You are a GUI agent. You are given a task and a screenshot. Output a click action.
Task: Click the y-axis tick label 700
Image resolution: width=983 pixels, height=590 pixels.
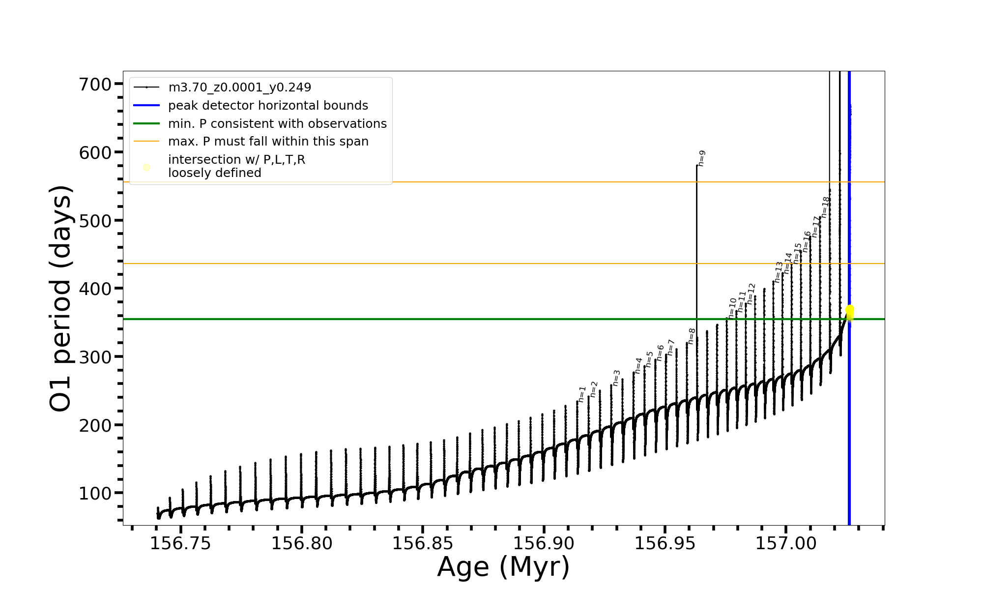point(95,85)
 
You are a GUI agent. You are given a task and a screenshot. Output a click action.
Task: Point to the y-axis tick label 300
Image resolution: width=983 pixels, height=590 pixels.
point(95,357)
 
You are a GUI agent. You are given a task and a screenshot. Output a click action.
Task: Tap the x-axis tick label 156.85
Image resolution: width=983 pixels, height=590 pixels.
point(423,544)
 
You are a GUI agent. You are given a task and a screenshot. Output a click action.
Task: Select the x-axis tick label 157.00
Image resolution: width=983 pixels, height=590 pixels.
point(786,544)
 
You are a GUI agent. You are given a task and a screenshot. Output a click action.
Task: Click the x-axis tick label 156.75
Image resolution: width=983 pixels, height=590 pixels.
point(180,544)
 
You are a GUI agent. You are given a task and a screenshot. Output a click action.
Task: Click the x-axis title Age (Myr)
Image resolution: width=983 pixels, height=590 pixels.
point(503,567)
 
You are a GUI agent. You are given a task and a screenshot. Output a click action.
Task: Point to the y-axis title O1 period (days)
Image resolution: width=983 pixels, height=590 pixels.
point(61,298)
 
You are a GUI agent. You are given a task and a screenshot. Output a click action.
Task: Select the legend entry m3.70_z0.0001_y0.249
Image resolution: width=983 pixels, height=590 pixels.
point(239,88)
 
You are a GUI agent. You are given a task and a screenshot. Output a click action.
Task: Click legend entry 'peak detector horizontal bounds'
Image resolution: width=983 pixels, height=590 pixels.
point(268,106)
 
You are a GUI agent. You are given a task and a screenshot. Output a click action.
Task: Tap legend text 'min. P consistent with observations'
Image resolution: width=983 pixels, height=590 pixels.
point(277,124)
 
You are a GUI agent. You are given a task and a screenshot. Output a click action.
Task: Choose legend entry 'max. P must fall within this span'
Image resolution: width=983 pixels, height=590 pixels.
point(268,142)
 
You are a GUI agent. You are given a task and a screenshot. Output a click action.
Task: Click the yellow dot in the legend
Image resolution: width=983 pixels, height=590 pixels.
point(146,168)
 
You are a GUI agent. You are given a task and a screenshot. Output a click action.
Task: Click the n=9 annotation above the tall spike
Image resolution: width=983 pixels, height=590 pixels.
point(702,158)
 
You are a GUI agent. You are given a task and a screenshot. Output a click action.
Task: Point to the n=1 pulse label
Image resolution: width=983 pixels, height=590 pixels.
point(582,394)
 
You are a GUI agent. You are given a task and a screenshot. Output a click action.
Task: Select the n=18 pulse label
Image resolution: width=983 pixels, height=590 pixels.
point(826,207)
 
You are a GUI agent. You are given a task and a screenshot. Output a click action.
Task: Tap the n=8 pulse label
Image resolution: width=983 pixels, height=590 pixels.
point(692,336)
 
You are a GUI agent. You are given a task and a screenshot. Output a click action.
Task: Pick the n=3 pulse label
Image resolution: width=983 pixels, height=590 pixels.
point(617,378)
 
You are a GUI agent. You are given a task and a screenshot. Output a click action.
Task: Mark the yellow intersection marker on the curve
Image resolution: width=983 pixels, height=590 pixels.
point(849,313)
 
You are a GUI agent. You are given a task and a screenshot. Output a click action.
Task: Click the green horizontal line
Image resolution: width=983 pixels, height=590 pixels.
point(393,319)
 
